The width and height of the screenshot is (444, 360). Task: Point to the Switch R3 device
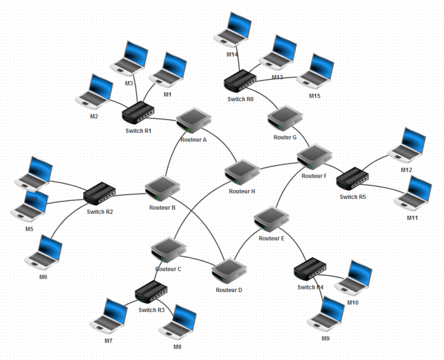[x=152, y=292]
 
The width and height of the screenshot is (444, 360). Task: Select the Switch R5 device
[x=353, y=179]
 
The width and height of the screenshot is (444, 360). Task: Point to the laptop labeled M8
[x=179, y=322]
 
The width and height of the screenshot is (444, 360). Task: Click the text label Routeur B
[x=162, y=207]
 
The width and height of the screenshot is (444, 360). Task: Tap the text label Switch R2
[x=100, y=212]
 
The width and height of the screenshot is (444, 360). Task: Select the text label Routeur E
[x=271, y=239]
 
